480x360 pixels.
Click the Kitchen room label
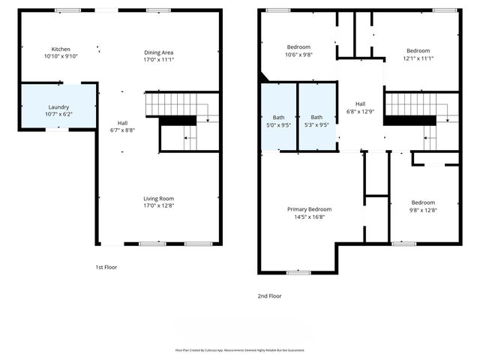pos(61,49)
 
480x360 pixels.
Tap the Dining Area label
pos(159,52)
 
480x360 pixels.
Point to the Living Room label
pos(159,198)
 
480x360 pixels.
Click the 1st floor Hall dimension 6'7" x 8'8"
pos(122,130)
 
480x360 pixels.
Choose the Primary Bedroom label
pos(309,209)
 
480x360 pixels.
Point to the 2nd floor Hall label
pos(360,103)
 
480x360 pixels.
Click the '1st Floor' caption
pos(106,267)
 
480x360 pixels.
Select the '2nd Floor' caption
pos(270,295)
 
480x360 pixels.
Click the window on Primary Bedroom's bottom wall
pos(298,272)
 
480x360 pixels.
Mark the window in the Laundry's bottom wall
pos(57,130)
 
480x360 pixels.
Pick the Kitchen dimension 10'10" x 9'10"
pos(61,56)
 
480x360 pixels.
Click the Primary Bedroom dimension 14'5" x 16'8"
pos(309,217)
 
